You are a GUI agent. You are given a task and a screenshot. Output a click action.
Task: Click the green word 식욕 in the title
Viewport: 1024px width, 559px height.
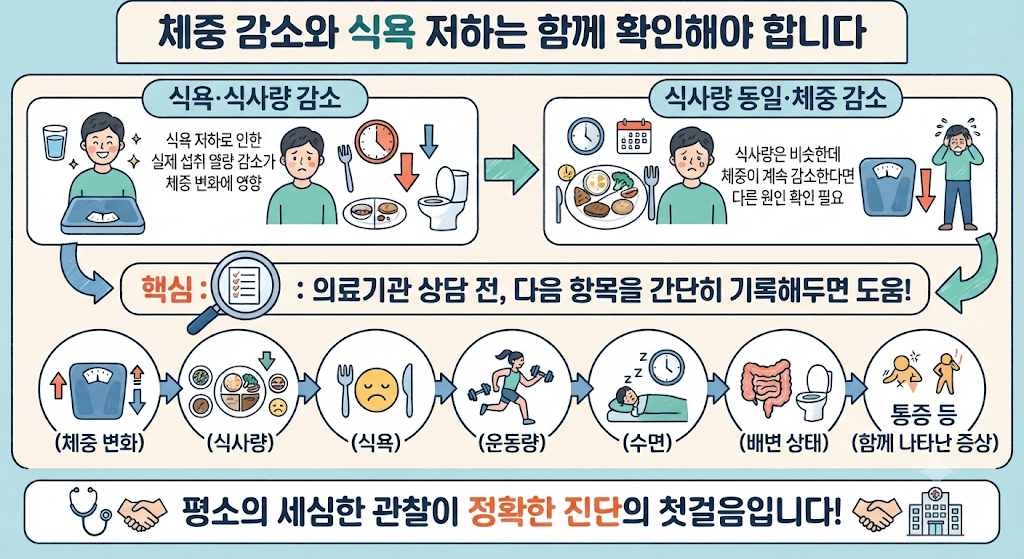pyautogui.click(x=381, y=32)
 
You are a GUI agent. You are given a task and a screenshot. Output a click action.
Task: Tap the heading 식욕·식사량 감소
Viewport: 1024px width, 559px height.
pyautogui.click(x=255, y=99)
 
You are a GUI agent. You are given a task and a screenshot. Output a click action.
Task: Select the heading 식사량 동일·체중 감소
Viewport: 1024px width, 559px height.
pyautogui.click(x=775, y=99)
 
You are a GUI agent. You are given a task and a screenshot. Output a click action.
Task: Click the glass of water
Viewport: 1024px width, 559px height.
pyautogui.click(x=55, y=143)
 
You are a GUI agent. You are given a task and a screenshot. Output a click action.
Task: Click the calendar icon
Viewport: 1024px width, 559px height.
pyautogui.click(x=634, y=136)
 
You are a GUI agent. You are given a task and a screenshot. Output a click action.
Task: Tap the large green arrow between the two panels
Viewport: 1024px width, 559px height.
pyautogui.click(x=511, y=169)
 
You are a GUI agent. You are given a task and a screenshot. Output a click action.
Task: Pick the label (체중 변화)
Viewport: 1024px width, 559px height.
pyautogui.click(x=99, y=443)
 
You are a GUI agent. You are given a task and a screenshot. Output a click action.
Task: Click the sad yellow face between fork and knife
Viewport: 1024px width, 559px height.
pyautogui.click(x=376, y=390)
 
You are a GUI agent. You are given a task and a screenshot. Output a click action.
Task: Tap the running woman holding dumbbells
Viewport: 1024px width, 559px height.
pyautogui.click(x=511, y=386)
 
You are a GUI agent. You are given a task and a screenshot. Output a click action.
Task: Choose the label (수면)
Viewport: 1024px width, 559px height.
pyautogui.click(x=647, y=443)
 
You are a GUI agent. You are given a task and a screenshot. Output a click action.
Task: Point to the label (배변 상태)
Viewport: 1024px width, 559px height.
pyautogui.click(x=784, y=443)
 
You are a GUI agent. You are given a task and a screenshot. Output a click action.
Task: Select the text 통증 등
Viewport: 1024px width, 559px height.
pyautogui.click(x=923, y=414)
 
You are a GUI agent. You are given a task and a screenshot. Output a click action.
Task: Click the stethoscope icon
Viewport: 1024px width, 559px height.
pyautogui.click(x=88, y=507)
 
